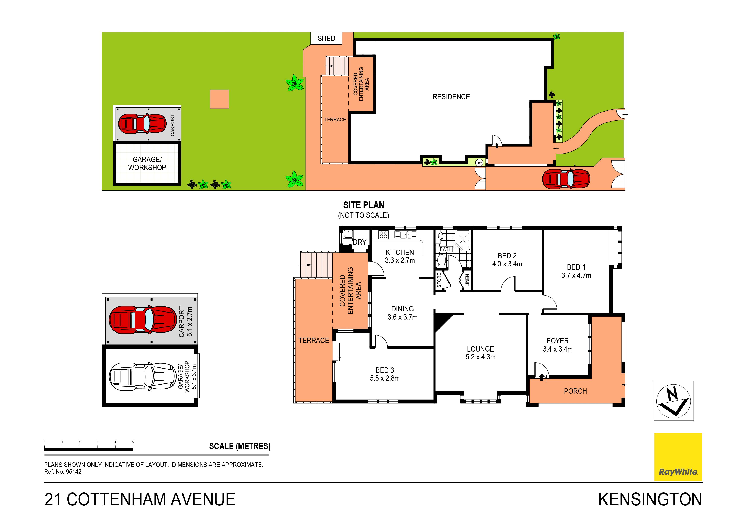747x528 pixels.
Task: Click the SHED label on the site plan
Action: click(x=326, y=38)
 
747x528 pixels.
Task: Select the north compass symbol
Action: click(x=674, y=401)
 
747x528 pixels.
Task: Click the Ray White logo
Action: click(x=678, y=456)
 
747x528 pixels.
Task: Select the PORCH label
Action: click(x=575, y=391)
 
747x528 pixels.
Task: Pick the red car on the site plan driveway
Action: click(x=566, y=179)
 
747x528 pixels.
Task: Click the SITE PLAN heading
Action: click(x=364, y=205)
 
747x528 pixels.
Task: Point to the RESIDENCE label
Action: click(x=451, y=97)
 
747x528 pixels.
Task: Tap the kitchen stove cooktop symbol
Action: click(x=383, y=235)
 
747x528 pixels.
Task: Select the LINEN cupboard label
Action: click(x=467, y=280)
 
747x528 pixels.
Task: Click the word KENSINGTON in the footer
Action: click(x=650, y=500)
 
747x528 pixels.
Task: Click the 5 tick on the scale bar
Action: click(x=133, y=442)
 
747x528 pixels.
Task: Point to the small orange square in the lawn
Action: click(x=219, y=99)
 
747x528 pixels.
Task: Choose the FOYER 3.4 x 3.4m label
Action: click(x=558, y=345)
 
